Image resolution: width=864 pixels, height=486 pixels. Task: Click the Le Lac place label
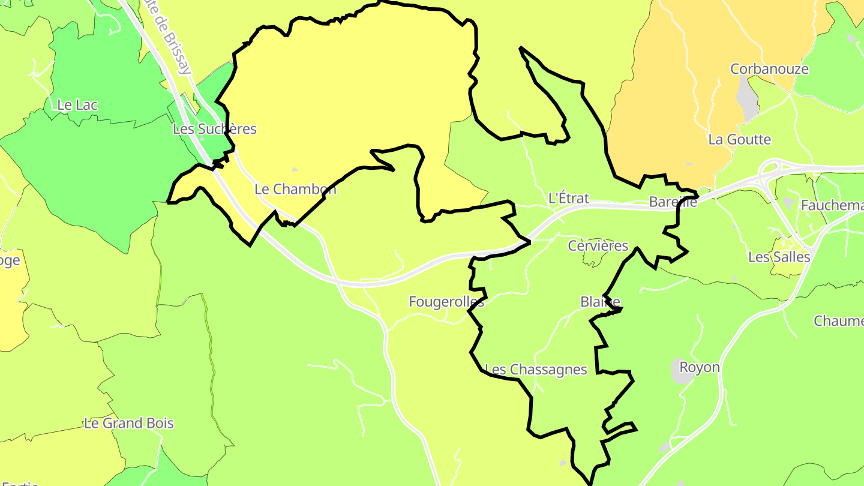click(77, 105)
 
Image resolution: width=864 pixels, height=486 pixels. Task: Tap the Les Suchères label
click(214, 129)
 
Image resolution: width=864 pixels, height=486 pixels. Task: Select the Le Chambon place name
click(295, 190)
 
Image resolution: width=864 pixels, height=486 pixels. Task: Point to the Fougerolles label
click(446, 302)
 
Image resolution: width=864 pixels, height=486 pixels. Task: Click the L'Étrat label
click(569, 198)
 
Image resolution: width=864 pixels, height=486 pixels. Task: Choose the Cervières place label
click(598, 246)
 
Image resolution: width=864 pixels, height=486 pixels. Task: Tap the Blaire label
click(600, 301)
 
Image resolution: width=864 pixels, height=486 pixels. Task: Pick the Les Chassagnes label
click(536, 370)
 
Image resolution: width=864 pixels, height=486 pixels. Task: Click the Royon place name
click(699, 367)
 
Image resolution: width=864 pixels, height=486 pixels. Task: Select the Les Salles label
click(779, 257)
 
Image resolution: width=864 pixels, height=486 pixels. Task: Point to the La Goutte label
click(739, 140)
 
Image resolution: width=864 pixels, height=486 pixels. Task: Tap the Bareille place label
click(673, 202)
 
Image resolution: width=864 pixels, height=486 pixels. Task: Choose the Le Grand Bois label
click(128, 424)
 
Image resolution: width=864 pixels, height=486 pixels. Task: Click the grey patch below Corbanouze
click(747, 98)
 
